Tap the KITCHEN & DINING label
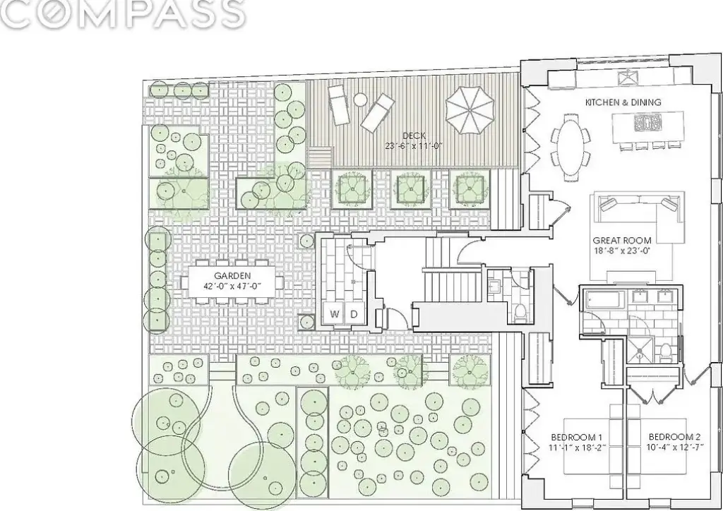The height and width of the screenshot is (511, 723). point(623,102)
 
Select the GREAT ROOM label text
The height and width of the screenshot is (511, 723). point(622,240)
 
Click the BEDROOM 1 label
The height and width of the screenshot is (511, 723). point(577,437)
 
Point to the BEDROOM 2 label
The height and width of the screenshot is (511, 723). point(674,437)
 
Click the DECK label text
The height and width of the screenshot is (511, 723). point(414,136)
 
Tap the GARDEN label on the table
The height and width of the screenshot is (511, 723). point(232,275)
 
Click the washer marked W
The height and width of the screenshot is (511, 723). point(335,314)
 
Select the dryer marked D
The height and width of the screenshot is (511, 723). point(354,314)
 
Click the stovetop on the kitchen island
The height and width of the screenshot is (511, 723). point(647,123)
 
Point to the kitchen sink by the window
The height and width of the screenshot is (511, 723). point(628,77)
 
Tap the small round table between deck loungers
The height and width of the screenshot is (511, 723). point(359,100)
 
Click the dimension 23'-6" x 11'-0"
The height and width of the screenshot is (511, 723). point(414,146)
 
